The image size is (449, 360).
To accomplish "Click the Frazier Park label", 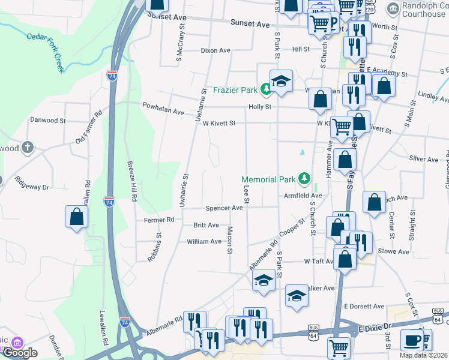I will click(235, 91).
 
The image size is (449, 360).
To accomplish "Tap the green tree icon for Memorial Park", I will click(305, 178).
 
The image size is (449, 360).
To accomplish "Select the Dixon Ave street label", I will click(216, 51).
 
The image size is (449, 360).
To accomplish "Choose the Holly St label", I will click(260, 107).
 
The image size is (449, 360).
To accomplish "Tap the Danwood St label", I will click(47, 120).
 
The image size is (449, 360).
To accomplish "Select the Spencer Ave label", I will click(224, 208).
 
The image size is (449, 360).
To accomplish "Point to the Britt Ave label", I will click(206, 225).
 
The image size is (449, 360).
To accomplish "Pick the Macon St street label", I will click(230, 239).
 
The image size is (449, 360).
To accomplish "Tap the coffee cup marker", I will click(411, 340).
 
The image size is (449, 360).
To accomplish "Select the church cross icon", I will click(27, 147).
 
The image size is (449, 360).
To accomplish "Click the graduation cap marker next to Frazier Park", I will click(280, 82).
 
